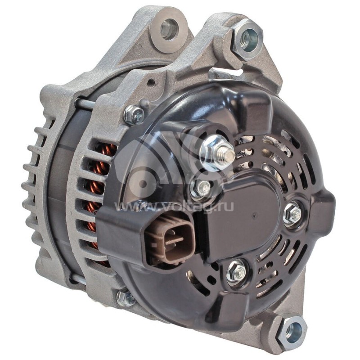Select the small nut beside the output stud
[201, 188]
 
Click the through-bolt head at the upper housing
[134, 115]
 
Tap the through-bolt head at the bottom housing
[126, 297]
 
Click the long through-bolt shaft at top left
[85, 103]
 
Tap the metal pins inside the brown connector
[173, 239]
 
